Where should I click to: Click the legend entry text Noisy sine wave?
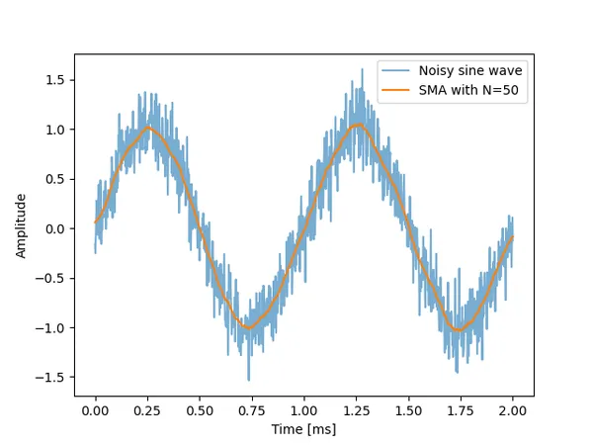tap(470, 70)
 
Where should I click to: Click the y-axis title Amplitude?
tap(21, 225)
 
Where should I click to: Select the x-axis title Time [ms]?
tap(304, 429)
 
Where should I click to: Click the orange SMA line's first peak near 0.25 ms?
tap(148, 127)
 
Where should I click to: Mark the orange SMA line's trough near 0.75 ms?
tap(249, 327)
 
